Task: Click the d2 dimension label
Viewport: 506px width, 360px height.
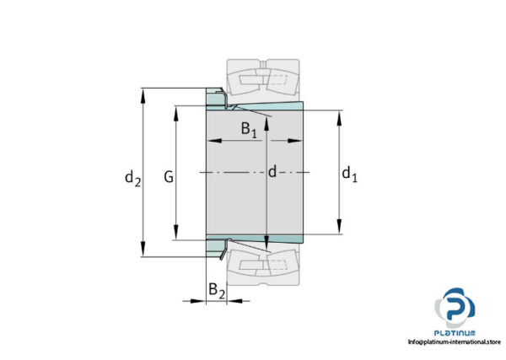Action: (132, 178)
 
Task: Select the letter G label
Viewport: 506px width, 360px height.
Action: (169, 178)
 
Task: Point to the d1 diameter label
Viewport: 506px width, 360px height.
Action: (349, 175)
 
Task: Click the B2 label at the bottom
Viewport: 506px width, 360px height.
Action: (217, 291)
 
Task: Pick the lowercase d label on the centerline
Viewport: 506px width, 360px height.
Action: (272, 173)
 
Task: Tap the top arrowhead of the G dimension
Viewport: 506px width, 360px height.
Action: (176, 110)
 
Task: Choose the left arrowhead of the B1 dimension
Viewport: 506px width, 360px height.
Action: (212, 140)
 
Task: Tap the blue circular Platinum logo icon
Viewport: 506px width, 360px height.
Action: (454, 308)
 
